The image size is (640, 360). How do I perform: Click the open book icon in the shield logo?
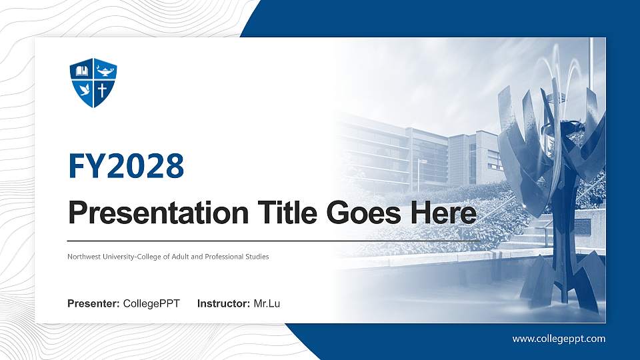pyautogui.click(x=82, y=71)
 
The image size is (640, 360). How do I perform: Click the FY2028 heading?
pyautogui.click(x=126, y=166)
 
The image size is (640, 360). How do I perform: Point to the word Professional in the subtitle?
pyautogui.click(x=225, y=257)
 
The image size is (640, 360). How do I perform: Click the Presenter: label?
pyautogui.click(x=93, y=304)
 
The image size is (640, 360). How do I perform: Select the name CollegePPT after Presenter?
pyautogui.click(x=151, y=304)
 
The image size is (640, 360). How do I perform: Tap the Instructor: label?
pyautogui.click(x=224, y=304)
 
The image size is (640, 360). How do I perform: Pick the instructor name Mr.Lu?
pyautogui.click(x=267, y=304)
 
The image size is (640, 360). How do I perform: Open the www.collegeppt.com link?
pyautogui.click(x=559, y=339)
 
